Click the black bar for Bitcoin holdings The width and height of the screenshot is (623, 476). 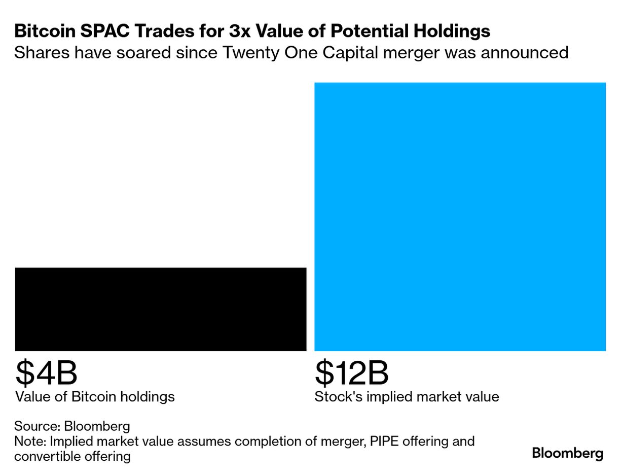tap(161, 309)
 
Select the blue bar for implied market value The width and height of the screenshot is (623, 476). tap(460, 217)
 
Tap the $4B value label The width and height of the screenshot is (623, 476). tap(46, 372)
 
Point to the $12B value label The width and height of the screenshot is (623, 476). tap(351, 372)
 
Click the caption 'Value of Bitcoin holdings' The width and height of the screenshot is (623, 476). tap(95, 396)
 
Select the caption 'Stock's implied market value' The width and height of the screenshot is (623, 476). tap(407, 396)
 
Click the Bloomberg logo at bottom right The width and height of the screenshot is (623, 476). tap(568, 453)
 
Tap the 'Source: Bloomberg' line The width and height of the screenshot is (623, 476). tap(72, 426)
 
